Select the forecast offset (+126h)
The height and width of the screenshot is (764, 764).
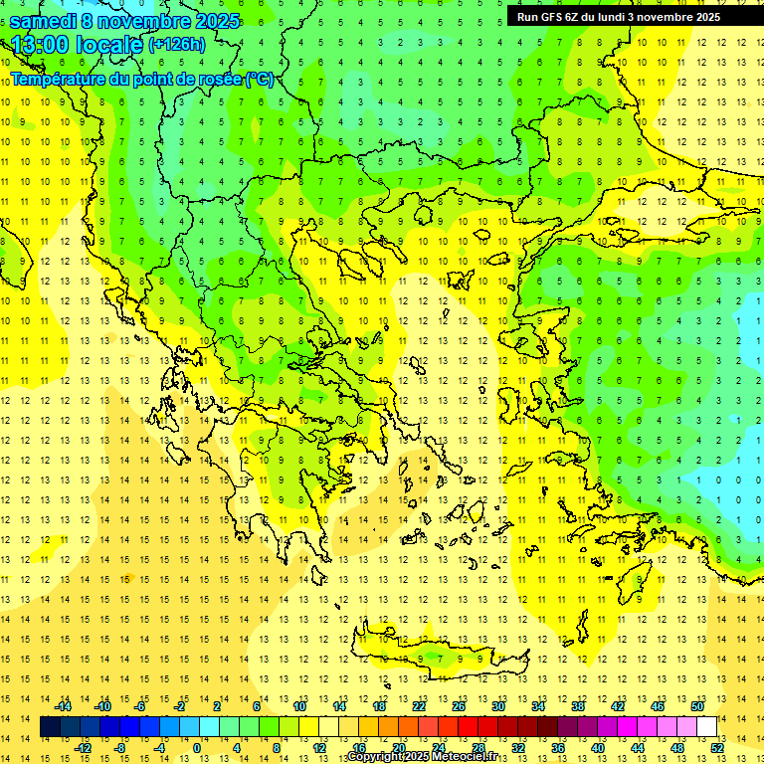tap(176, 45)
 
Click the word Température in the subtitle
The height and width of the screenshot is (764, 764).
tap(59, 79)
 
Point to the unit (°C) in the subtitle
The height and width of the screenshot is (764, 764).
tap(260, 79)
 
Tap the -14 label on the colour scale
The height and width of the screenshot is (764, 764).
tap(63, 706)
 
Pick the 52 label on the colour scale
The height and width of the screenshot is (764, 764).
tap(718, 747)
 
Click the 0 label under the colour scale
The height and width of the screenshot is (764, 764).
tap(198, 747)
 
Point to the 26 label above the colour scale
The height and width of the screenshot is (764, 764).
tap(459, 706)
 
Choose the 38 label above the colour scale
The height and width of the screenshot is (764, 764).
tap(578, 706)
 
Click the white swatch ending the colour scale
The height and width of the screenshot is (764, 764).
tap(707, 726)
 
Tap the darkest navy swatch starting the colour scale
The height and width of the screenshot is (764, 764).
tap(50, 726)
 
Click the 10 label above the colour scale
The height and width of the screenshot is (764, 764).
tap(299, 706)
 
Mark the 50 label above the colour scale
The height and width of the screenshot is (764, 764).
tap(697, 706)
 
